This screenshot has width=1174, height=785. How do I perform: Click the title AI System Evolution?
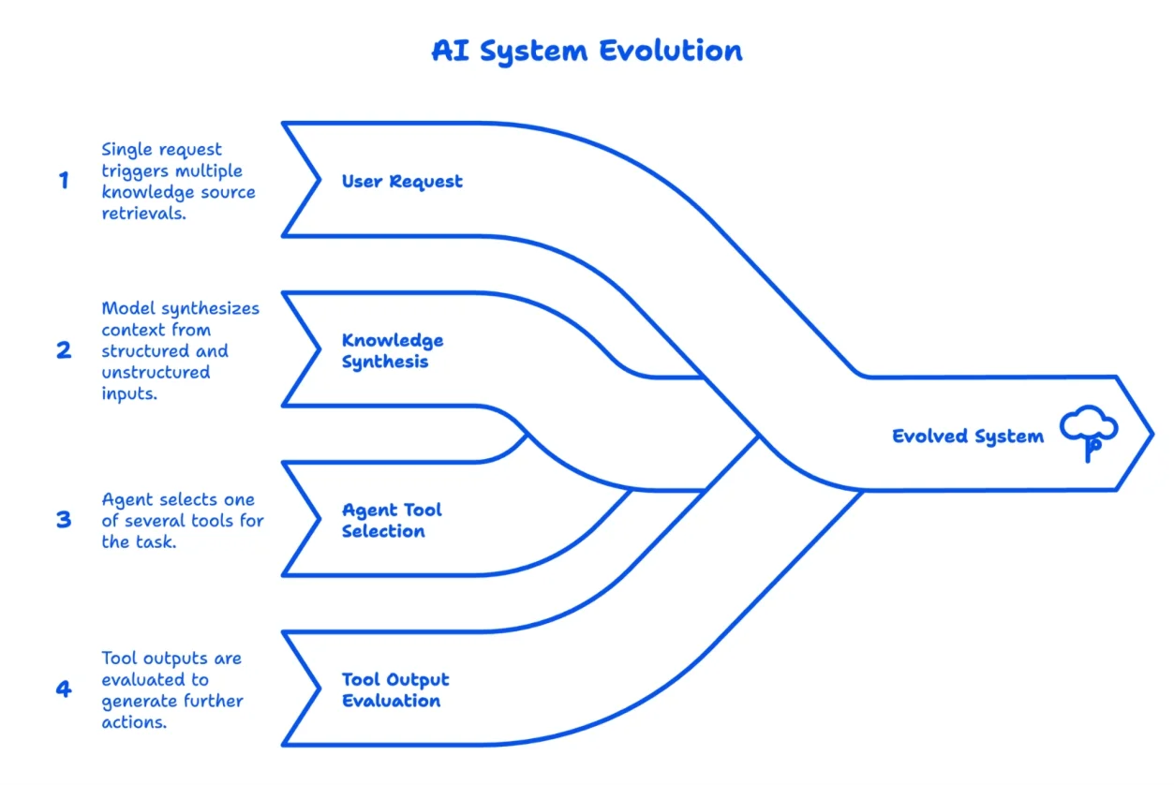coord(587,51)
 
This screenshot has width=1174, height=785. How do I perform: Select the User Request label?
coord(402,181)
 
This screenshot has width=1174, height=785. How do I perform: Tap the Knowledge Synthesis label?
coord(393,350)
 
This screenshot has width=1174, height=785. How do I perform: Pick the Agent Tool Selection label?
coord(392,520)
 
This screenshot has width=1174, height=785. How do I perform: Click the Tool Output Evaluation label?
coord(395,689)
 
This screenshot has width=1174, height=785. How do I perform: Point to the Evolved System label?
coord(967,436)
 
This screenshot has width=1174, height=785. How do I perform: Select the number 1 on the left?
coord(64,181)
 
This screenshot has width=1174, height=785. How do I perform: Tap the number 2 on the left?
coord(64,350)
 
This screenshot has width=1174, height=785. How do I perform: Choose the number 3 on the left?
coord(64,520)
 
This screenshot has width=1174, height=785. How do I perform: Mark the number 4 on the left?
coord(64,689)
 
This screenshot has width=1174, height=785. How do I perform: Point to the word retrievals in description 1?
coord(142,214)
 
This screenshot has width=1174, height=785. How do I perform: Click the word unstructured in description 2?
coord(155,372)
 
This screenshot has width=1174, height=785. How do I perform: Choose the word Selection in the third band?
coord(383,531)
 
